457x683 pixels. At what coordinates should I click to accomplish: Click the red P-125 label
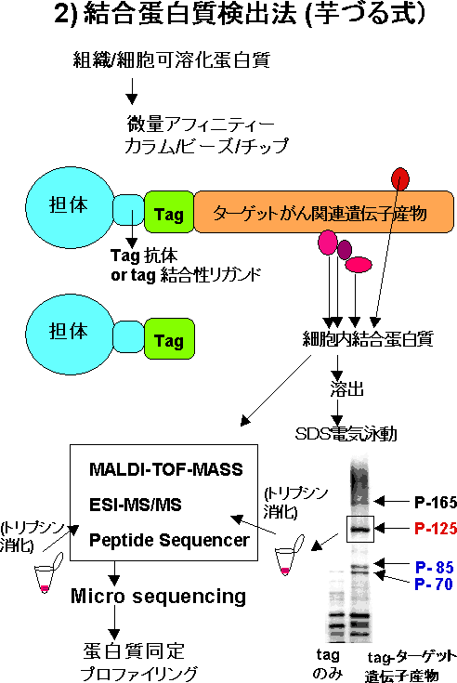[436, 529]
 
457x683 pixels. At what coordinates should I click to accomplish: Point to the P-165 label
[436, 502]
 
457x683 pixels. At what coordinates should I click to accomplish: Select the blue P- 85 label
[435, 567]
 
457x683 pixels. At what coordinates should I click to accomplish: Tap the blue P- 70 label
[434, 584]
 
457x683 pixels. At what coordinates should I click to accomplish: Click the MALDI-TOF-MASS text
[166, 469]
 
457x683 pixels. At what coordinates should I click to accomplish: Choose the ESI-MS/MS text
[136, 505]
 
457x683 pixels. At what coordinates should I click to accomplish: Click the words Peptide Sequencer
[169, 540]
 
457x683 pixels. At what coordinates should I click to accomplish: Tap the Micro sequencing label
[159, 596]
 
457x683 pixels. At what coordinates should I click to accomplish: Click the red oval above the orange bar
[400, 179]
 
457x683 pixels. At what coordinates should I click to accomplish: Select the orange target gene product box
[324, 212]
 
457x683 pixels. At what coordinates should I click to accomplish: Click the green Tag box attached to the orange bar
[169, 212]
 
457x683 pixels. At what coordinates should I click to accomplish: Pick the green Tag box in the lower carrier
[169, 339]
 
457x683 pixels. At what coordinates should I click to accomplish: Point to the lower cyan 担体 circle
[70, 335]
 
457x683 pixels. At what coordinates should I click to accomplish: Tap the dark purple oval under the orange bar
[345, 250]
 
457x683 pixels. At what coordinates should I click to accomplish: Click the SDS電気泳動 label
[346, 433]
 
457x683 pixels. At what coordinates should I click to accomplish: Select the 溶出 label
[346, 389]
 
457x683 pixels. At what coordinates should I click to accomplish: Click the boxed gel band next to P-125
[360, 530]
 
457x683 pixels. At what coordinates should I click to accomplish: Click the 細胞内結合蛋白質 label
[368, 339]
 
